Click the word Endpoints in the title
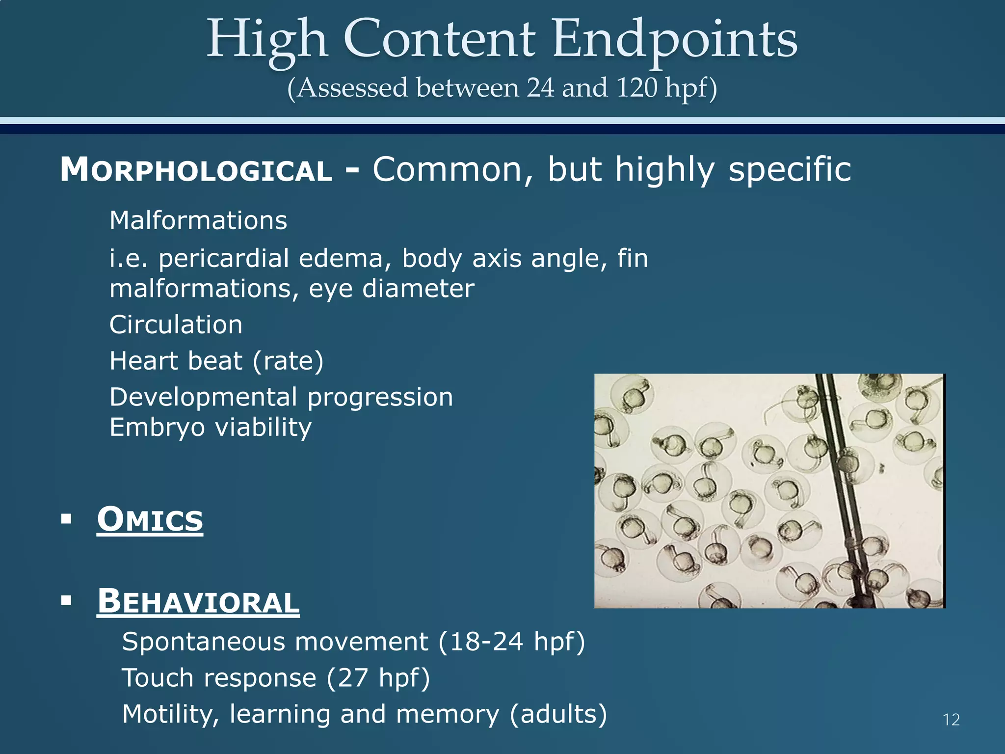tap(675, 39)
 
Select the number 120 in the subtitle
tap(636, 88)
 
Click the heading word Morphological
tap(196, 170)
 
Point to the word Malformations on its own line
tap(198, 220)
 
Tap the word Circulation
tap(176, 325)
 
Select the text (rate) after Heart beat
tap(288, 361)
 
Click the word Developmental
tap(203, 397)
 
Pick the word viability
tap(264, 428)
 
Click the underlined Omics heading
tap(150, 519)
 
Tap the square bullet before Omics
tap(67, 519)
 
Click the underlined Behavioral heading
tap(198, 601)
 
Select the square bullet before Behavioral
tap(67, 600)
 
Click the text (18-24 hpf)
tap(511, 642)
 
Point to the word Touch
tap(158, 678)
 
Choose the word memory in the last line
tap(448, 714)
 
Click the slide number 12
tap(951, 720)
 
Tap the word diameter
tap(419, 289)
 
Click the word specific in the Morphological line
tap(790, 170)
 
